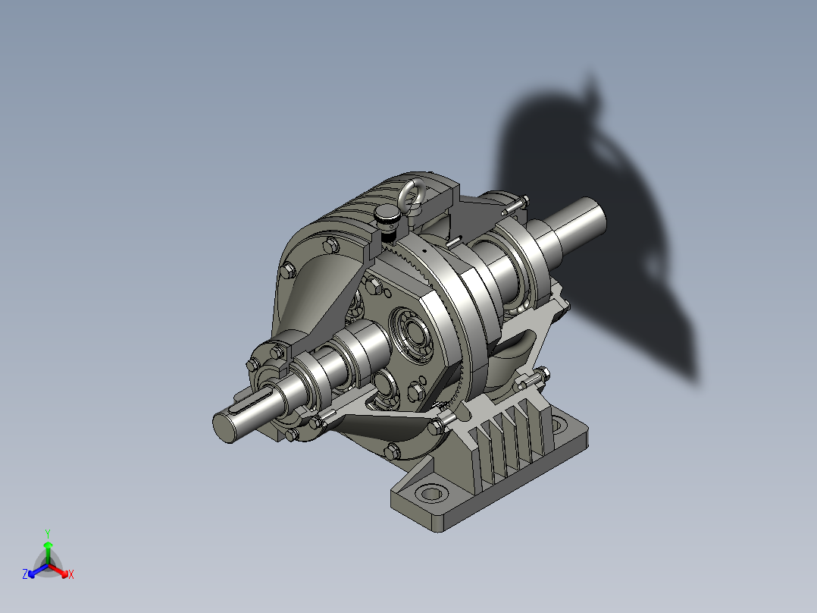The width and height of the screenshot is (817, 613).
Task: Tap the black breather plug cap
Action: (387, 218)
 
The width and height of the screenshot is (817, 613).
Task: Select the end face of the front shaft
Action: (226, 427)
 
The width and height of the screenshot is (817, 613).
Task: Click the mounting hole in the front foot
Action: (430, 493)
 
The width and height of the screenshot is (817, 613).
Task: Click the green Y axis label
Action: (48, 533)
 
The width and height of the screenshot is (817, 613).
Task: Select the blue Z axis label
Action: (25, 575)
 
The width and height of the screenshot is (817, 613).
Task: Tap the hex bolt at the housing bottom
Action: (392, 451)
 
